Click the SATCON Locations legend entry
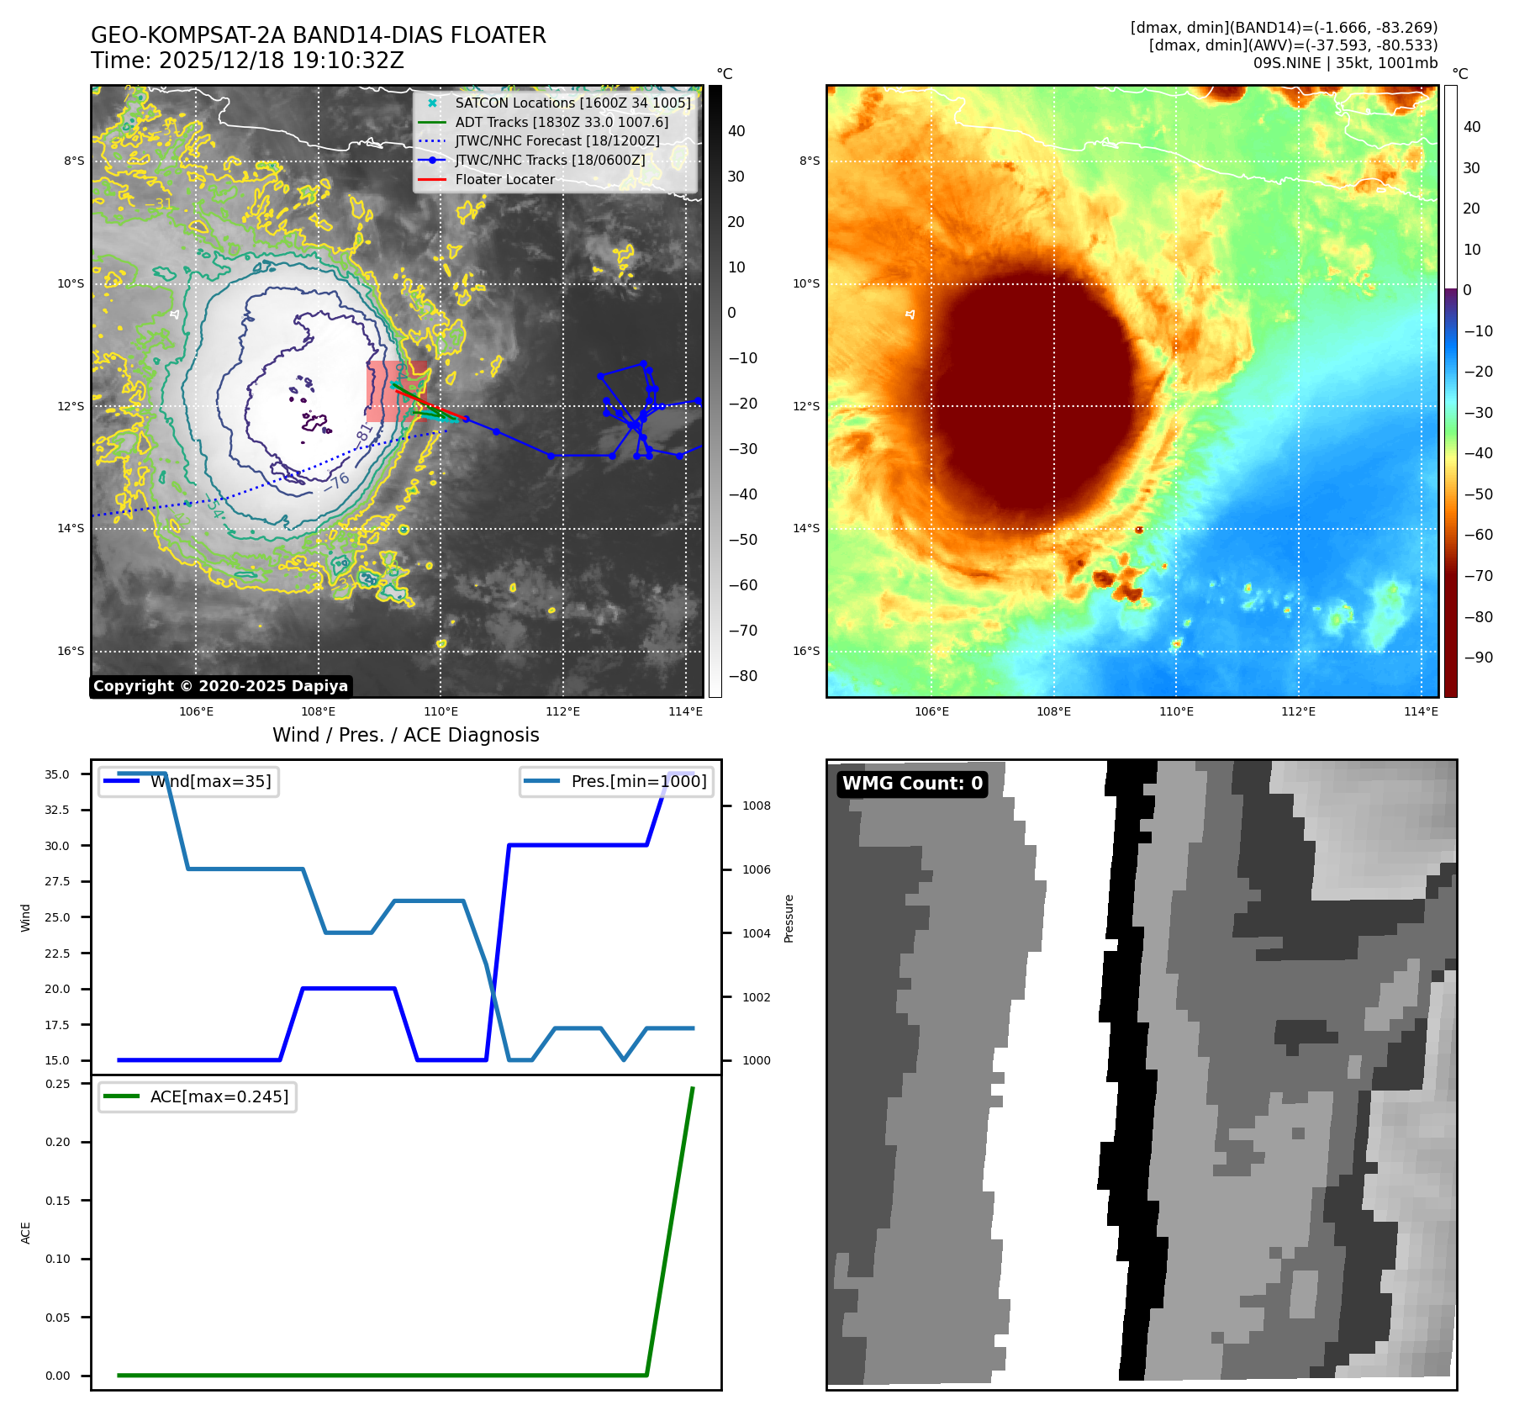pos(572,103)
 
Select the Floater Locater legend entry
pos(504,180)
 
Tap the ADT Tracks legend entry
pos(562,123)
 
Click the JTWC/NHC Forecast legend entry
pos(557,141)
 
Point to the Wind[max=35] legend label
pos(210,782)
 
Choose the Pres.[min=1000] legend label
pos(639,782)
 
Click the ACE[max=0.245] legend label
pos(219,1097)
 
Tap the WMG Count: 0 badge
pos(912,784)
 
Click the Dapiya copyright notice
pos(220,686)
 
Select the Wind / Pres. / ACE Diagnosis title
pos(406,736)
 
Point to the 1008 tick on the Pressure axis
pos(756,806)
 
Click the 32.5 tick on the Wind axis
pos(57,810)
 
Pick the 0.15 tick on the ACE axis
pos(57,1201)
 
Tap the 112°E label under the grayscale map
pos(562,712)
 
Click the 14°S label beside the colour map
pos(806,529)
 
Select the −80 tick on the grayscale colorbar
pos(742,676)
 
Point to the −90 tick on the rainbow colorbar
pos(1478,658)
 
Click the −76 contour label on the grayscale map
pos(337,482)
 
